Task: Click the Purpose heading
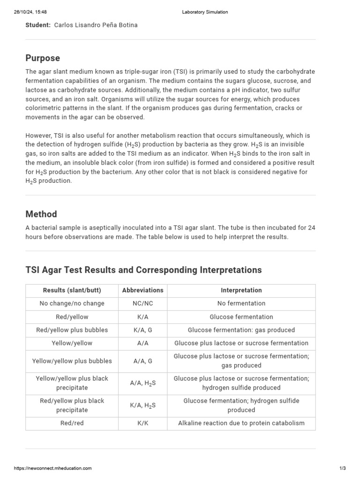(43, 58)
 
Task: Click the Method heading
(41, 214)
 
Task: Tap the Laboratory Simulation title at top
(205, 12)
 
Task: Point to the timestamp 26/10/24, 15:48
(30, 12)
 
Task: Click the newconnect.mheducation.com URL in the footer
(53, 468)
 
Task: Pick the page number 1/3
(342, 468)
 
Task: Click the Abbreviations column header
(142, 290)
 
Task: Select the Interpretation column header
(241, 290)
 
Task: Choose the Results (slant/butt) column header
(72, 290)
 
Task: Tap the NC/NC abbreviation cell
(142, 303)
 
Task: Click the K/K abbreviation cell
(142, 423)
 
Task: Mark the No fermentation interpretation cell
(241, 303)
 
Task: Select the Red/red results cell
(72, 423)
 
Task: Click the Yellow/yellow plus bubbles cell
(72, 361)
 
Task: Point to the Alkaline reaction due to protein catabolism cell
(241, 423)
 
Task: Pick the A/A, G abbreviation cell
(142, 361)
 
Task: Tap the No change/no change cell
(72, 303)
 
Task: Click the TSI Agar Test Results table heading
(143, 270)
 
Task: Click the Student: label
(38, 25)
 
